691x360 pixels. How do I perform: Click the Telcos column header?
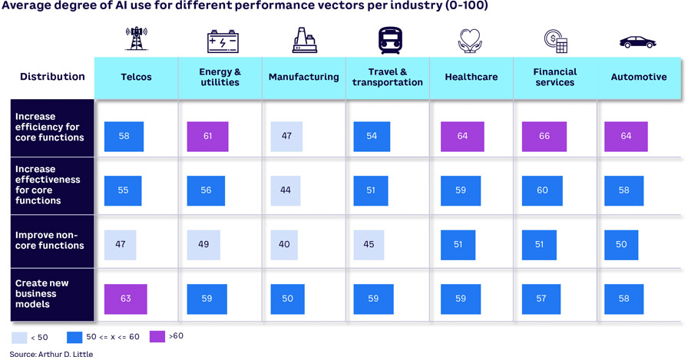[136, 77]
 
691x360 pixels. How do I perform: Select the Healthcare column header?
[471, 77]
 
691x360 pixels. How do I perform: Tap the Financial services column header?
[554, 77]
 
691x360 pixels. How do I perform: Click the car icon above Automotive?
[637, 41]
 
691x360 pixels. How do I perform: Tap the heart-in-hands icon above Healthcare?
[470, 41]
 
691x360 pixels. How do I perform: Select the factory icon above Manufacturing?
[305, 41]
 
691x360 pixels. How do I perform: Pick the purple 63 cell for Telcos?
[125, 299]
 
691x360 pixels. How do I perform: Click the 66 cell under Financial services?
[544, 137]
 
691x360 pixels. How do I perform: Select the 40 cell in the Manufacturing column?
[285, 245]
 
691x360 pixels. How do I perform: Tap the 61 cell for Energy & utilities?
[207, 137]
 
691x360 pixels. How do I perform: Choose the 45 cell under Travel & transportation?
[369, 245]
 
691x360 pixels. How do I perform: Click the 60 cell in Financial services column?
[542, 190]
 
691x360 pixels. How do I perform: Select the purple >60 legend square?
[157, 336]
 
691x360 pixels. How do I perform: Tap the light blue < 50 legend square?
[19, 337]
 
